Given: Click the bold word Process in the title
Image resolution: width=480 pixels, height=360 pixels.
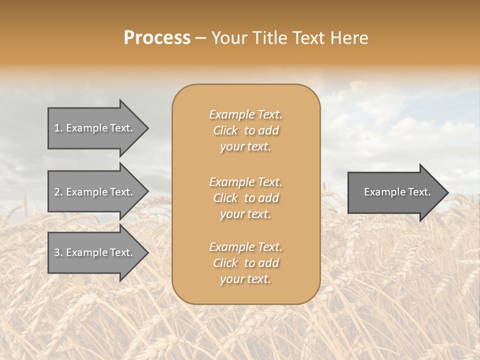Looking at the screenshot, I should [x=157, y=38].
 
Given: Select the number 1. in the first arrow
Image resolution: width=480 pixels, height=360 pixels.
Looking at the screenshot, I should [x=58, y=128].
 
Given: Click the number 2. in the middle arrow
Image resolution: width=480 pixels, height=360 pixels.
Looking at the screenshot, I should [x=58, y=192].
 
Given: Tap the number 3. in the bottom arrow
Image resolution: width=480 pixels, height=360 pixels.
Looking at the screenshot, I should [x=58, y=252].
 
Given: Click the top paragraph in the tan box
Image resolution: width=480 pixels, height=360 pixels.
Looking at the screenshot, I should [x=246, y=130].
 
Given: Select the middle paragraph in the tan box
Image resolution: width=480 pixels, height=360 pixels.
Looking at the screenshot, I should [x=246, y=198].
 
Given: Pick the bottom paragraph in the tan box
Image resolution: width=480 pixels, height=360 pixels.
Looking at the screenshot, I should [x=246, y=263].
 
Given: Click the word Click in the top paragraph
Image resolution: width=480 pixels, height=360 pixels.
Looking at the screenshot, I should [x=225, y=130].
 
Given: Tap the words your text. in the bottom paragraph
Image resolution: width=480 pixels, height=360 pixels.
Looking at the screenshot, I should [x=245, y=279].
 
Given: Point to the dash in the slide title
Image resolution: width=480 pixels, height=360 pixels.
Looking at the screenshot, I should [x=201, y=38].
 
